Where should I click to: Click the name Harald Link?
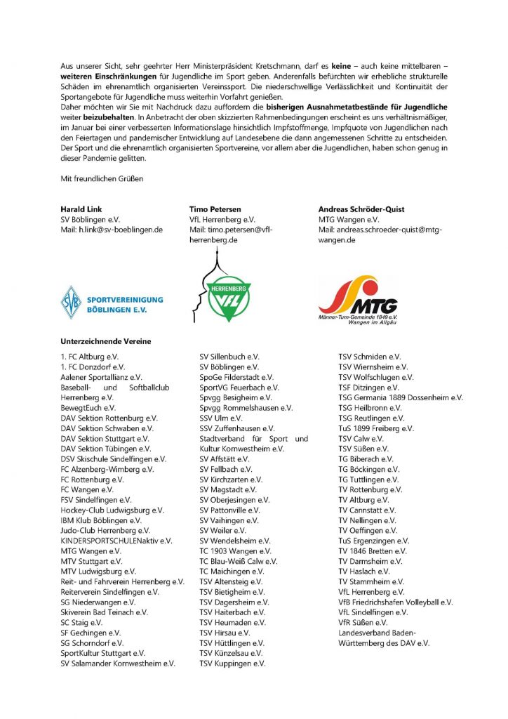(x=83, y=209)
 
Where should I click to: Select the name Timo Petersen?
(x=215, y=209)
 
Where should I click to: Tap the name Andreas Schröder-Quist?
(x=361, y=209)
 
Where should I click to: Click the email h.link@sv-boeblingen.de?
(x=112, y=229)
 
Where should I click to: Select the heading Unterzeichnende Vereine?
(x=106, y=341)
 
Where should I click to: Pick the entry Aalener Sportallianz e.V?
(x=101, y=377)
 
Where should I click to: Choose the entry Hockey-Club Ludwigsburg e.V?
(x=112, y=510)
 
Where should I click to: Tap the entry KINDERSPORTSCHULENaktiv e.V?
(x=116, y=541)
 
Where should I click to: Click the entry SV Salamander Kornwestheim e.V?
(x=118, y=663)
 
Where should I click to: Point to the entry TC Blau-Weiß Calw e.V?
(x=239, y=561)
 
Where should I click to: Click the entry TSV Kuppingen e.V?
(x=232, y=663)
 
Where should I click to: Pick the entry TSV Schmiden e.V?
(x=370, y=357)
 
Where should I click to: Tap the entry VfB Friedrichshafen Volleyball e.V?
(x=396, y=602)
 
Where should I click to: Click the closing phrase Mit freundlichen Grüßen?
(x=102, y=179)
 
